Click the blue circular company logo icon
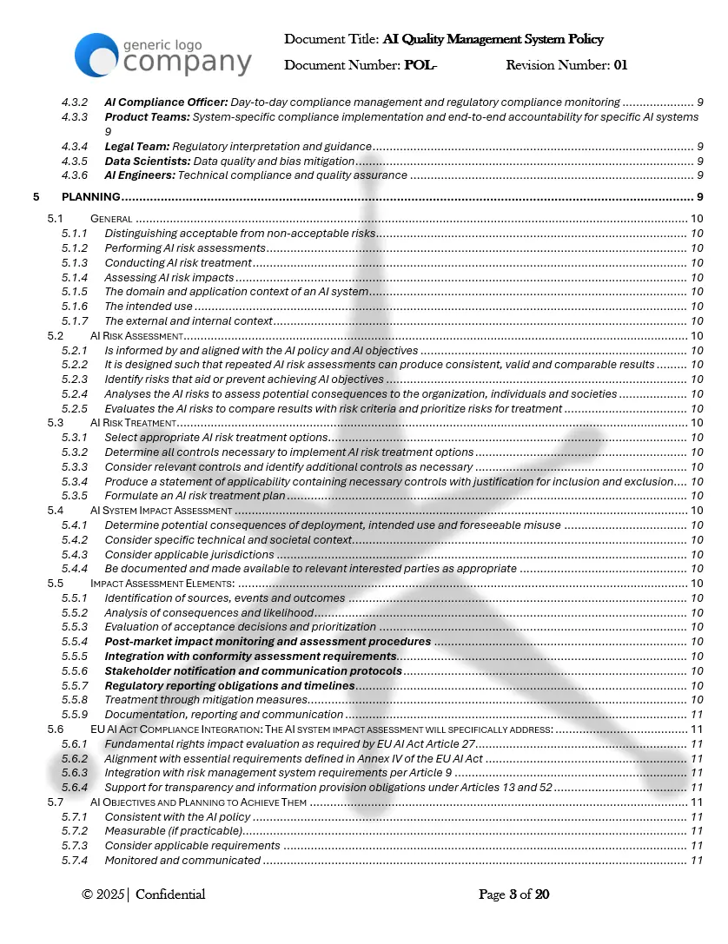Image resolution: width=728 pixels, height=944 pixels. (x=96, y=54)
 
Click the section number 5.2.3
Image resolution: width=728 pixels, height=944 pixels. (x=75, y=380)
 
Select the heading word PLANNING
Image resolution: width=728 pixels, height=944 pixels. (x=91, y=197)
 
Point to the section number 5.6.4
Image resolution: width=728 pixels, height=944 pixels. (x=75, y=788)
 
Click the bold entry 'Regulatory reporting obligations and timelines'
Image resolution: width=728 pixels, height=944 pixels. (x=229, y=686)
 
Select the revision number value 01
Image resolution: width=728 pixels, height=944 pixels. (x=620, y=65)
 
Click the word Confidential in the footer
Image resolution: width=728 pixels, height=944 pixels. (x=170, y=894)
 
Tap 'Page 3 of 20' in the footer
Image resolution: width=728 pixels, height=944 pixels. (x=514, y=894)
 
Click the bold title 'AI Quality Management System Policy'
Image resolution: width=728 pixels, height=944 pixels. (x=493, y=39)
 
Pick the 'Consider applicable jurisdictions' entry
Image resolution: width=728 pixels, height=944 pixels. (x=189, y=555)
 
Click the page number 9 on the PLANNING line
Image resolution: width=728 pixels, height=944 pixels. (x=699, y=197)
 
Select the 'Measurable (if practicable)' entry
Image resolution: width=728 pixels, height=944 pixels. (x=174, y=831)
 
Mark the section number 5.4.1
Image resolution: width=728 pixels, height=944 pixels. (x=75, y=525)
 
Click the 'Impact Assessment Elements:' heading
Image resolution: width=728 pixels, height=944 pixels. (x=162, y=584)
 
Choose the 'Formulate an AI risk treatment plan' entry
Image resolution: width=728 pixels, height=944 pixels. (x=195, y=496)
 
